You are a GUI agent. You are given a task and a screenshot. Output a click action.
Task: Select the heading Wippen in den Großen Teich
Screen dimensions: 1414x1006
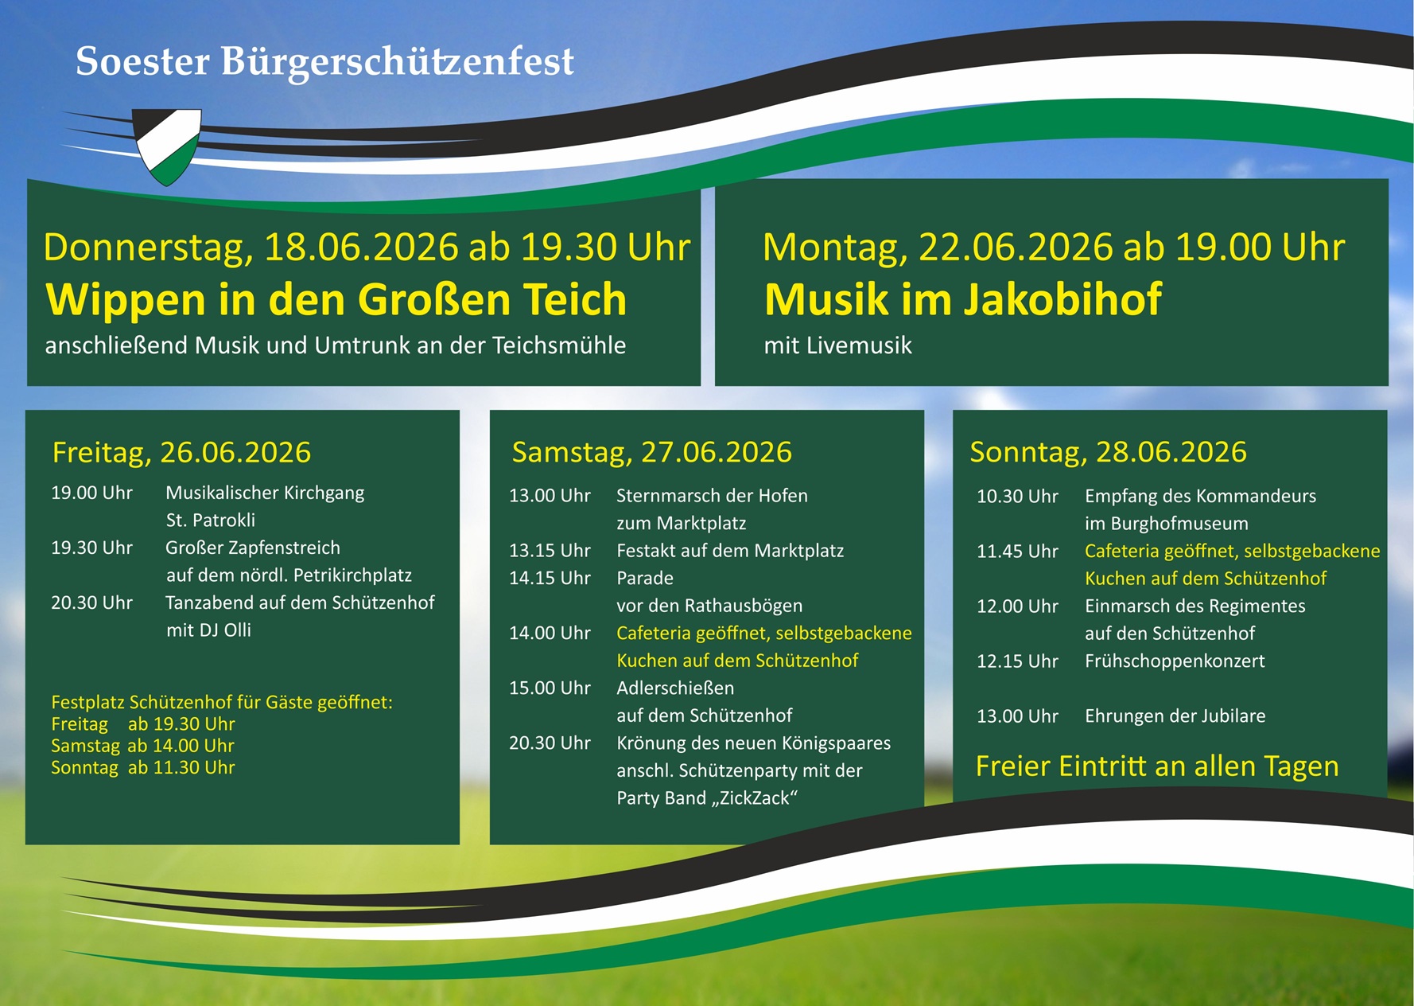click(336, 300)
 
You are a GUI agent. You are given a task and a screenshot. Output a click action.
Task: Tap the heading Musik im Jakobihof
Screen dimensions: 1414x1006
click(962, 300)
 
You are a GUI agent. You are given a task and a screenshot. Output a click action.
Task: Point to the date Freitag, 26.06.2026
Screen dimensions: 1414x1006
click(181, 452)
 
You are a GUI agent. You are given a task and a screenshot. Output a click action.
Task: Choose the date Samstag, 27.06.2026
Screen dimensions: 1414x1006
click(651, 452)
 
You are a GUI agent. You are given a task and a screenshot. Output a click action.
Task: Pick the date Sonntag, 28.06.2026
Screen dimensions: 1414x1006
click(1108, 452)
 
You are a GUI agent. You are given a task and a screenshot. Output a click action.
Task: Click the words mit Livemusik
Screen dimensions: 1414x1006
click(837, 345)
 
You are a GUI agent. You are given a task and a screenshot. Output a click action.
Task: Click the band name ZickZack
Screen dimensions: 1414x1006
click(755, 798)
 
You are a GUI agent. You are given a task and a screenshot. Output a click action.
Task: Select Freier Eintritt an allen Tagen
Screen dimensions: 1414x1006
click(1157, 766)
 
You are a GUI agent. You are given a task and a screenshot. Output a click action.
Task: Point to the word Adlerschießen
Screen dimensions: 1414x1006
click(675, 688)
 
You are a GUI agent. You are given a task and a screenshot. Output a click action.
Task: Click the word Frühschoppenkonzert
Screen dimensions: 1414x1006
click(1175, 661)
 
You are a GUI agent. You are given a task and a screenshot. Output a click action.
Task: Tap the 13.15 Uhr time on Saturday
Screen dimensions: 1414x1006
click(550, 551)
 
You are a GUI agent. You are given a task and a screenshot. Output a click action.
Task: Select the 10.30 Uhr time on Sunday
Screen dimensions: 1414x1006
click(1017, 497)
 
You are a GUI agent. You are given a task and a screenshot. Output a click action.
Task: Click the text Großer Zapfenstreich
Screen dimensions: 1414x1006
click(253, 548)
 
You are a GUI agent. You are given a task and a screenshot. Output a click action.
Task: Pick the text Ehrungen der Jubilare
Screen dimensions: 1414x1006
click(1175, 716)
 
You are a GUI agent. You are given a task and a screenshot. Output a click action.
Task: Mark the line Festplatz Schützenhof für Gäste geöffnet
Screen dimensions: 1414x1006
click(222, 703)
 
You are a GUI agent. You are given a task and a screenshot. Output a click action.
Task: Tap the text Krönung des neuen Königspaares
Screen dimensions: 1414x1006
click(753, 743)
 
